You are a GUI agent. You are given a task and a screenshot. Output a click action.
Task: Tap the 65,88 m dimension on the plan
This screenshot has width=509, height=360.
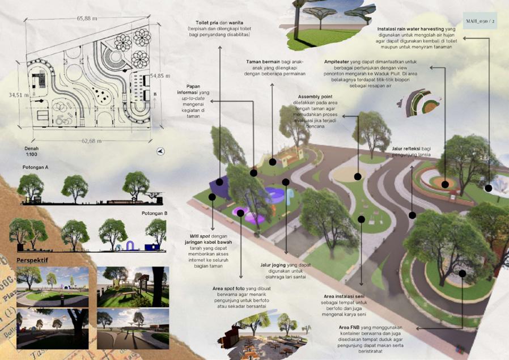pyautogui.click(x=87, y=18)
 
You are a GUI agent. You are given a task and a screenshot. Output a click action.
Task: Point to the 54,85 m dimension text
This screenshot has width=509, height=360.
pyautogui.click(x=160, y=75)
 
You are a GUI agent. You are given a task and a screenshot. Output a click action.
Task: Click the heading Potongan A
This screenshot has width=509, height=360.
pyautogui.click(x=35, y=168)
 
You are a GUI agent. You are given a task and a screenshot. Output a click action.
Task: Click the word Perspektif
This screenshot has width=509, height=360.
pyautogui.click(x=32, y=260)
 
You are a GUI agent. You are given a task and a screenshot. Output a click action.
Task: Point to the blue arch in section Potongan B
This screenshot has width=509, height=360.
pyautogui.click(x=130, y=245)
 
